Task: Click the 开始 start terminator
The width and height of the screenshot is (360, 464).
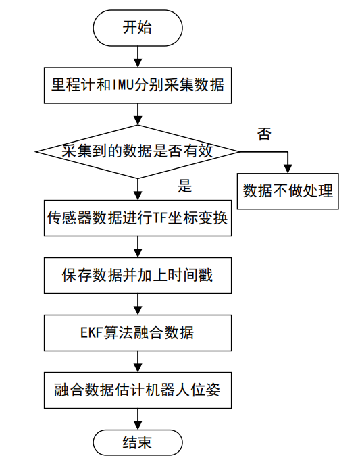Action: pos(137,28)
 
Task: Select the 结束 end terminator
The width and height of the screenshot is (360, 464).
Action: pos(137,442)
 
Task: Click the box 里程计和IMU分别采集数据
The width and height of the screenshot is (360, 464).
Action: pos(137,86)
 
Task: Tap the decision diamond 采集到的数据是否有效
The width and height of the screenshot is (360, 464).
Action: pos(137,151)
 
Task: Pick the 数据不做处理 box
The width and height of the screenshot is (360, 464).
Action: pos(288,190)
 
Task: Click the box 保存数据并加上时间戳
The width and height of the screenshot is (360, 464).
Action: pos(137,275)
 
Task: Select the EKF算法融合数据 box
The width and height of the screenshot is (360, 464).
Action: pos(137,332)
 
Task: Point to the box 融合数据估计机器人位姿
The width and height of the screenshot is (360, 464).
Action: pos(137,390)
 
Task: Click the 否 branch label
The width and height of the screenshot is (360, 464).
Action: pos(265,134)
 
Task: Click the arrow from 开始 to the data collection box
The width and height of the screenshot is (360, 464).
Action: pos(137,55)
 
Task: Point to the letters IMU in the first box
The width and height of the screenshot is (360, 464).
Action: pos(118,86)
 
